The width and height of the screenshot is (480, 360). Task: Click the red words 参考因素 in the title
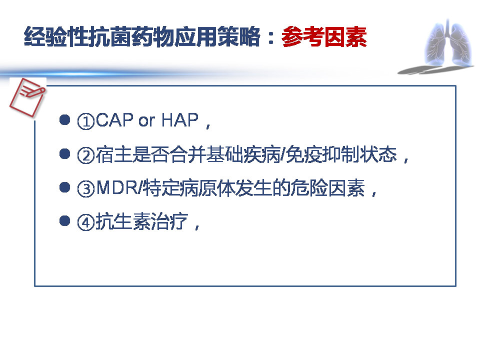coord(324,38)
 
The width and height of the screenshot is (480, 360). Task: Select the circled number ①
coord(86,121)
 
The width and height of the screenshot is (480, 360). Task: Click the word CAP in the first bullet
coord(114,121)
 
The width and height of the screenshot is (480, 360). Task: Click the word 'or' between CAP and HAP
coord(147,121)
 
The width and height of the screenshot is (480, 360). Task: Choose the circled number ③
coord(86,189)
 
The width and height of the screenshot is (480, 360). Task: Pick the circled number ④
coord(86,222)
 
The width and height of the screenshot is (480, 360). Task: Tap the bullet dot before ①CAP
coord(63,120)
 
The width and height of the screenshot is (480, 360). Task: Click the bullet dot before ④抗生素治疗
coord(63,221)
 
